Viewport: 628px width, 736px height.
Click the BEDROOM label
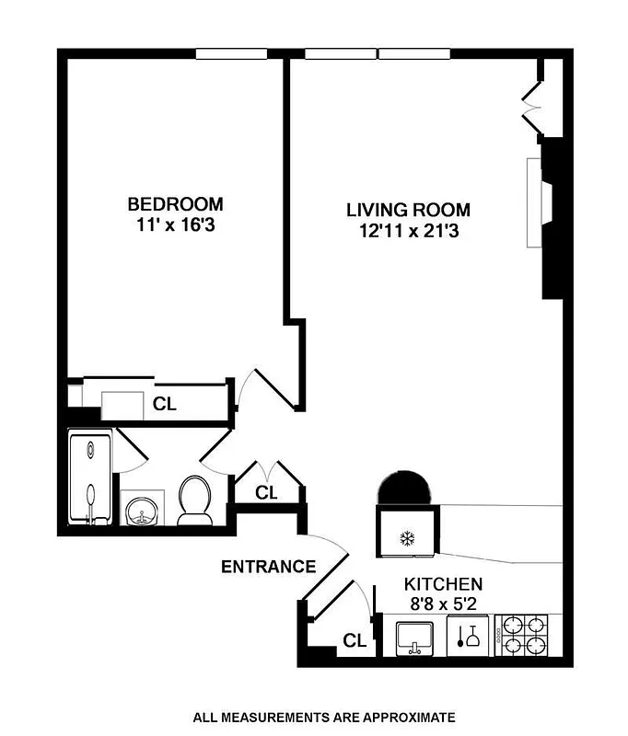175,203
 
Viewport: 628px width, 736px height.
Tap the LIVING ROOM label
408,210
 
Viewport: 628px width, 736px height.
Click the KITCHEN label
445,583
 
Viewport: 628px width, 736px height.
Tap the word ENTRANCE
268,567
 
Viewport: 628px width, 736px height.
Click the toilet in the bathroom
194,500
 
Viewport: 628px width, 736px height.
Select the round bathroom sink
141,509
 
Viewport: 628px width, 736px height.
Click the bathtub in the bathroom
90,478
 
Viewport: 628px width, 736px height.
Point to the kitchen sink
417,637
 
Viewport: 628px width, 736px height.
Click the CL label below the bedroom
165,403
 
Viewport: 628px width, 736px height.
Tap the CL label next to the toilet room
266,493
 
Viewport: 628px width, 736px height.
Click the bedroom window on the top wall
231,53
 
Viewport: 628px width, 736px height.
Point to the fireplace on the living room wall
542,201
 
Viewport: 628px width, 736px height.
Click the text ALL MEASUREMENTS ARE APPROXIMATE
323,717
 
